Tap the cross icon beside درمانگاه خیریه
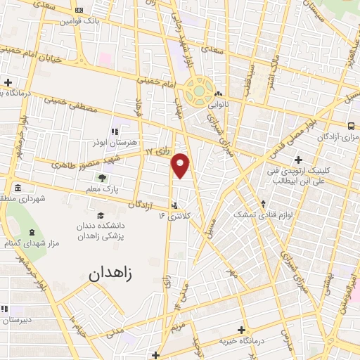click(x=242, y=330)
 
